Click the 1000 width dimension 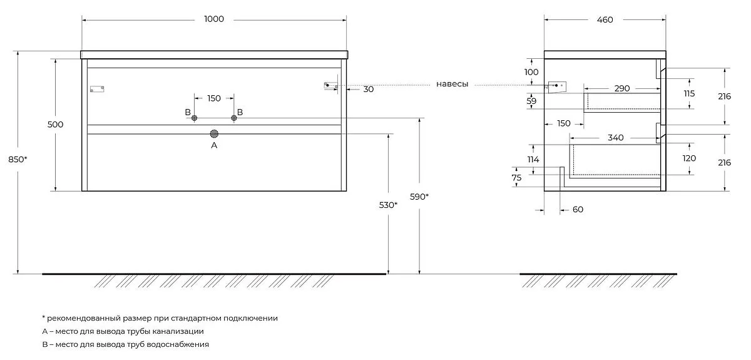(x=214, y=19)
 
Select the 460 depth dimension (x=605, y=20)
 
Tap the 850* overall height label (x=18, y=160)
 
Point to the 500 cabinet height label (x=55, y=125)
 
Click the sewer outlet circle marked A (x=214, y=134)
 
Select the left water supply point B (x=194, y=118)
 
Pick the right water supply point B (x=234, y=118)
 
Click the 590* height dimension (x=419, y=197)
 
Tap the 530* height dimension (x=388, y=205)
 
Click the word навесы (x=452, y=84)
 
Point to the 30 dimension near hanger (x=369, y=90)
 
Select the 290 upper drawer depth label (x=622, y=88)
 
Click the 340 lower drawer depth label (x=616, y=138)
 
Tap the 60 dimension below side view (x=578, y=210)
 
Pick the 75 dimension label (x=517, y=178)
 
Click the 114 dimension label (x=533, y=160)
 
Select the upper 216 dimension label (x=724, y=96)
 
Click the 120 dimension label (x=689, y=158)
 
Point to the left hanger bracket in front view (x=97, y=89)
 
